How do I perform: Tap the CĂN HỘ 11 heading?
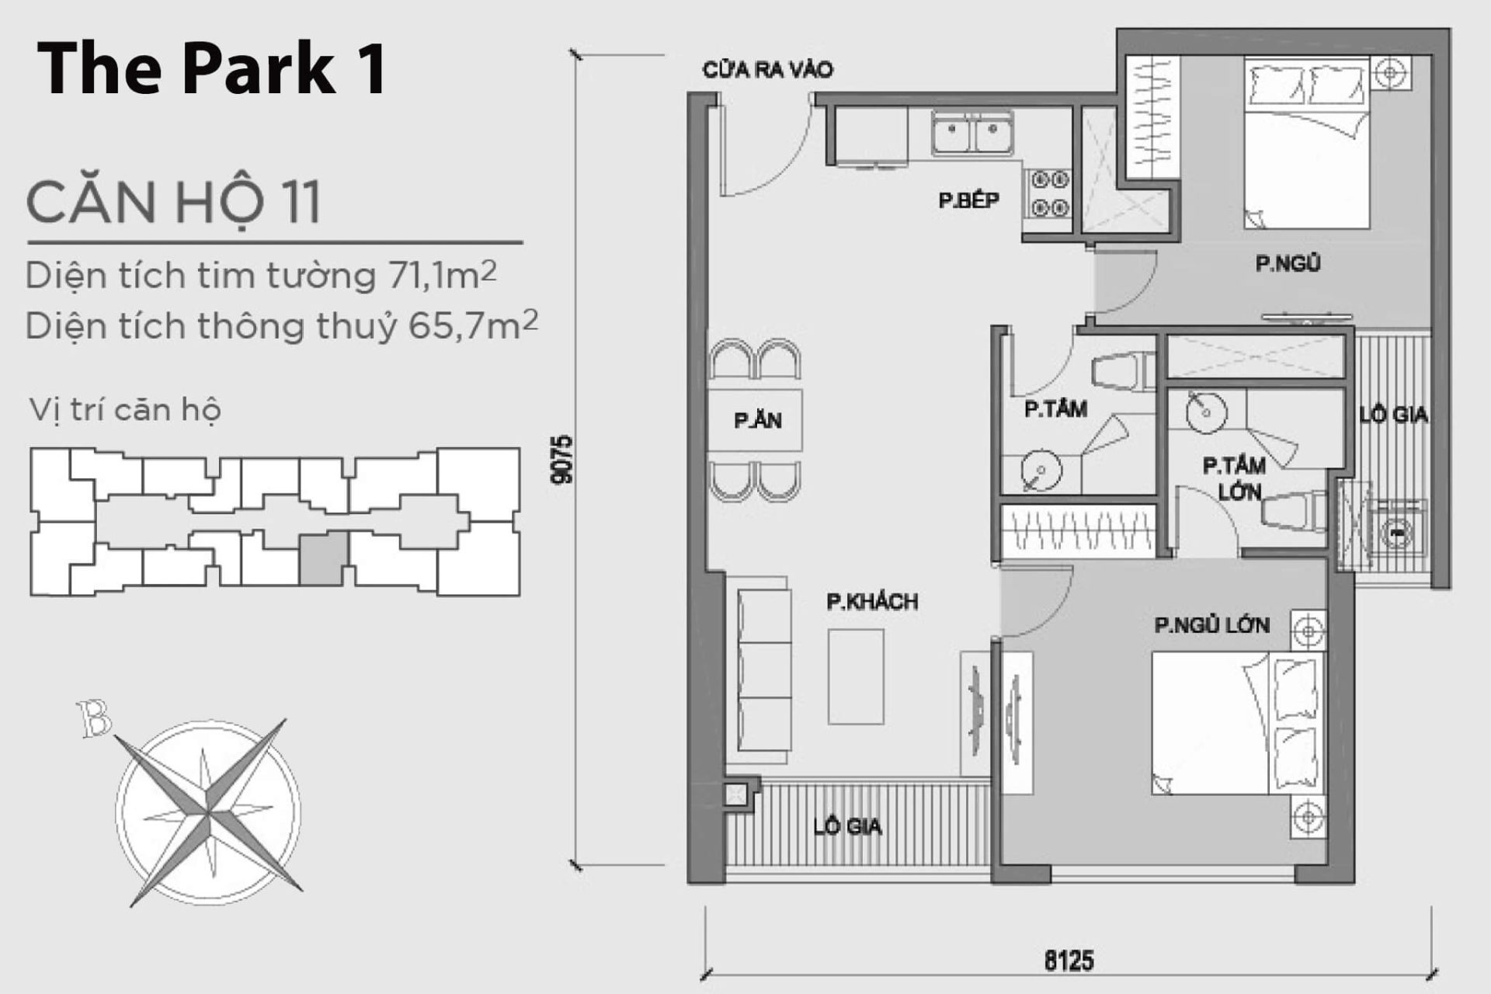[x=173, y=202]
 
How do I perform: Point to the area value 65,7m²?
[x=473, y=326]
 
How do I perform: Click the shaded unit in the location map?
[x=323, y=558]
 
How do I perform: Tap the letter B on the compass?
[x=95, y=719]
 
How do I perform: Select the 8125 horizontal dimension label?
[x=1069, y=961]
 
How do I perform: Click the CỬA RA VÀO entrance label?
[x=767, y=70]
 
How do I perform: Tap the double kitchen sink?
[x=972, y=134]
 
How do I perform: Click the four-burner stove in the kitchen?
[x=1048, y=194]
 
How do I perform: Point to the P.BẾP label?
[x=968, y=200]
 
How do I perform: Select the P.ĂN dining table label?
[x=757, y=420]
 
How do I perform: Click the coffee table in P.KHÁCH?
[x=855, y=676]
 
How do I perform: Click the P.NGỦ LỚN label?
[x=1211, y=625]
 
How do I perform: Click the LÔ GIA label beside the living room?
[x=847, y=826]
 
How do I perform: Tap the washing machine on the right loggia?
[x=1396, y=533]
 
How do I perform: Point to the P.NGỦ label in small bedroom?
[x=1288, y=264]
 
